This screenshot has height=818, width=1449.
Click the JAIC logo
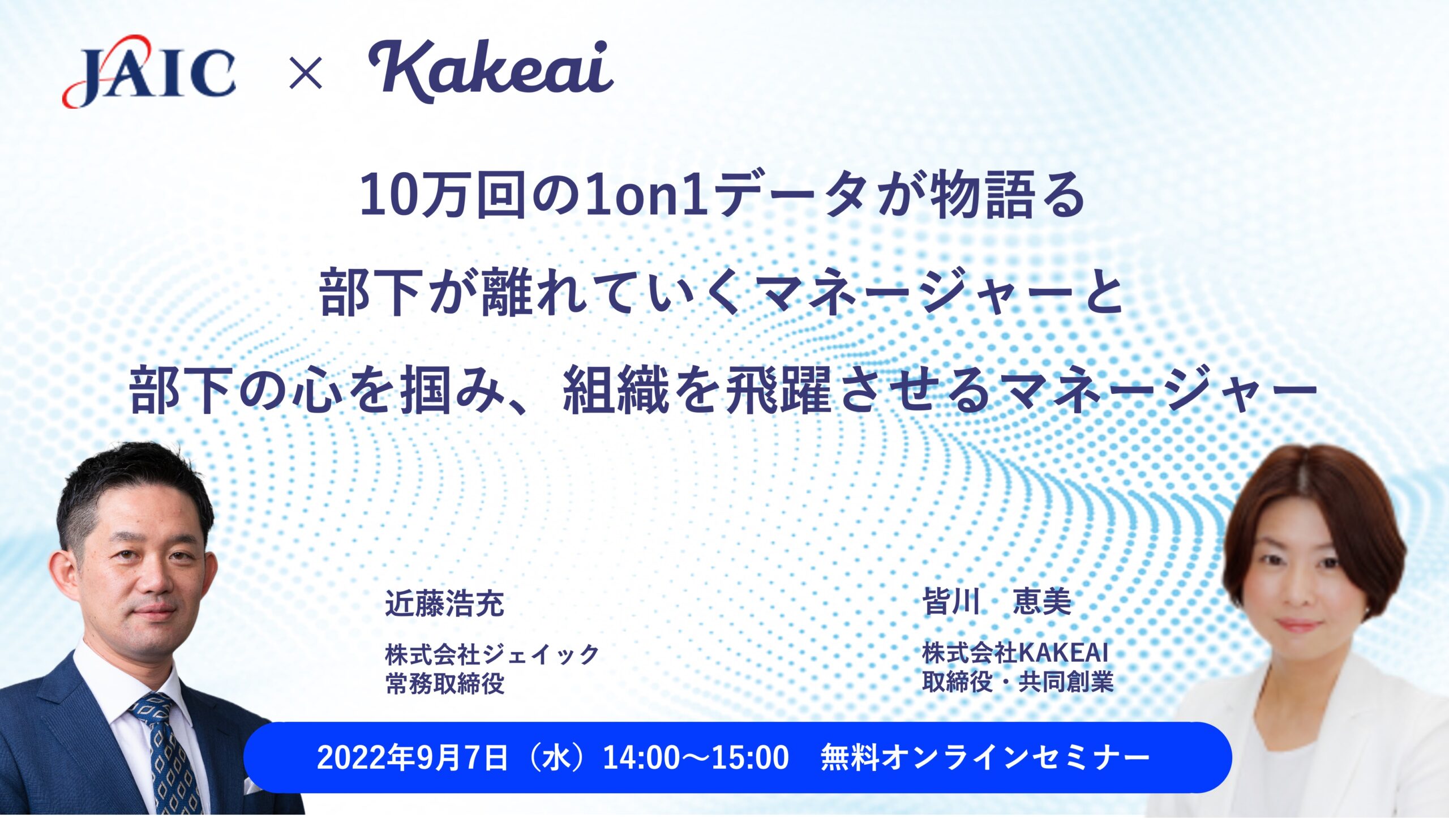[x=149, y=72]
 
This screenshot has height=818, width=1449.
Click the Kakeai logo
[x=491, y=71]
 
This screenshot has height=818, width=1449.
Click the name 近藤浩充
[x=444, y=603]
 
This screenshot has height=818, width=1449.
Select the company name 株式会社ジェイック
[x=492, y=654]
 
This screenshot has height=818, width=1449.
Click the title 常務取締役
[x=444, y=683]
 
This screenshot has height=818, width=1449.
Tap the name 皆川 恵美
[x=997, y=601]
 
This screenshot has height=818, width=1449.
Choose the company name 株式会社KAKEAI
[x=1015, y=653]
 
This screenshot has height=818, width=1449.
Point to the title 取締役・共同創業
[x=1018, y=682]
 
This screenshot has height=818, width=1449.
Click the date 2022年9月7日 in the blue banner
[x=413, y=757]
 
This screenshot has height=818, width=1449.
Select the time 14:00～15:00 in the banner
[x=696, y=757]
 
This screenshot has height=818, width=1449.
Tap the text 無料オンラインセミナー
[x=985, y=757]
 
